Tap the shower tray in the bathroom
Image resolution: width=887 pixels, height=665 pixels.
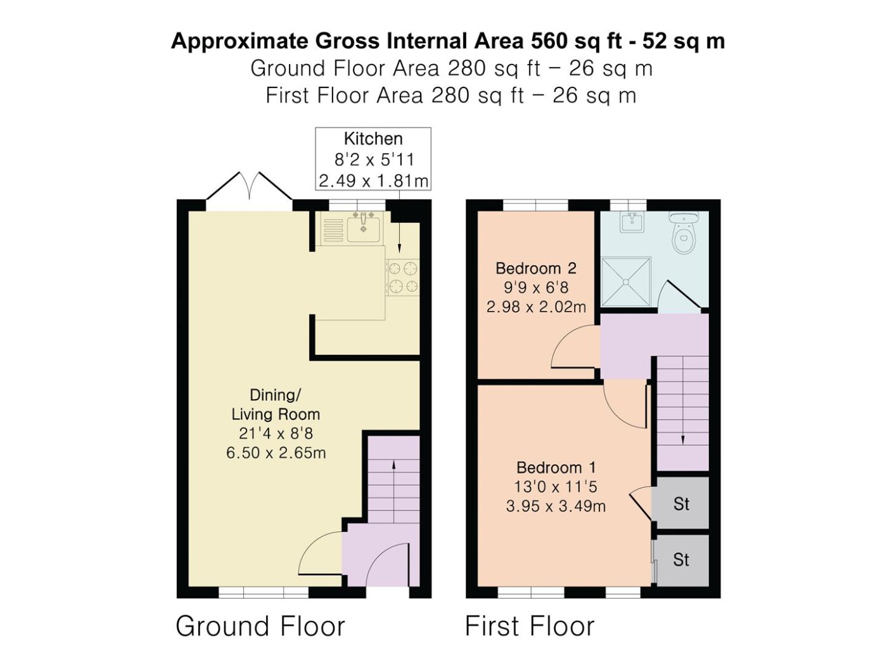pos(626,282)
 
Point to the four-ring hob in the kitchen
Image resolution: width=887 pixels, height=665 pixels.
pos(402,277)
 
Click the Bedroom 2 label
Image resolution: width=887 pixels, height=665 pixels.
pos(536,269)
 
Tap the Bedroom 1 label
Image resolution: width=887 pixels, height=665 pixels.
pos(556,467)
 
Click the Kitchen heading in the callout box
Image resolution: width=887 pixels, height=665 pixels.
pos(373,139)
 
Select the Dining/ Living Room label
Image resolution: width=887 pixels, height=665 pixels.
pos(276,405)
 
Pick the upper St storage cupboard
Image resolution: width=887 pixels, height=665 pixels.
pos(681,503)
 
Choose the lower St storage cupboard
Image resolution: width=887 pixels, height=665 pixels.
pos(681,560)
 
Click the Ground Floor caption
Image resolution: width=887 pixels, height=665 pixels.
pos(260,626)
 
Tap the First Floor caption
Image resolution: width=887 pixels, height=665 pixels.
pos(530,626)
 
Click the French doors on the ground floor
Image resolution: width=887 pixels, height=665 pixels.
pos(250,187)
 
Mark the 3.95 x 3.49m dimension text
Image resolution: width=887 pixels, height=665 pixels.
pos(556,506)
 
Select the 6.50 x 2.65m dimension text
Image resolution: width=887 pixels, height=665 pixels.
pos(276,453)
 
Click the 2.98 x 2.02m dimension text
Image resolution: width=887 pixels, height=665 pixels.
pos(536,307)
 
